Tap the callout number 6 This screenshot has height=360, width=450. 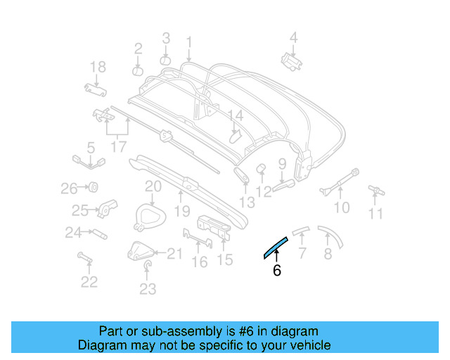(276, 270)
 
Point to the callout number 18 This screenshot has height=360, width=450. (98, 67)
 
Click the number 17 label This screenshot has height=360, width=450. (119, 147)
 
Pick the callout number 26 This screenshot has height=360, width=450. (68, 188)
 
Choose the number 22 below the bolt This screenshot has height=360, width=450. (89, 282)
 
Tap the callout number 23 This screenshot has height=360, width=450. (147, 288)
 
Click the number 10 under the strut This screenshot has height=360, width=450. (341, 207)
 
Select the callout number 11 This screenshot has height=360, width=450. (377, 214)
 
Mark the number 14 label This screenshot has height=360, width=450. (234, 115)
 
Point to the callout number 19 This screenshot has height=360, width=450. (182, 211)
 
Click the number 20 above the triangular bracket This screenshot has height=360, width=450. (153, 186)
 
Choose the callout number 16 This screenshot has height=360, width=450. (200, 262)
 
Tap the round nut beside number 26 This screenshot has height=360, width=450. (91, 187)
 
